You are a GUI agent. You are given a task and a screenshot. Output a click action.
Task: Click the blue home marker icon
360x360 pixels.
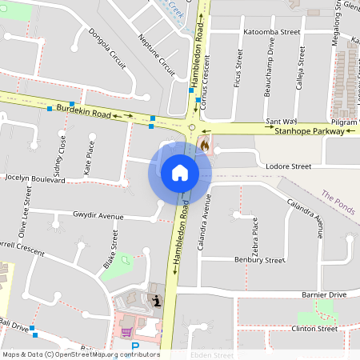pos(179,173)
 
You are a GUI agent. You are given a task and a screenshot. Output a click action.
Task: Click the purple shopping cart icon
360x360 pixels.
pos(125,331)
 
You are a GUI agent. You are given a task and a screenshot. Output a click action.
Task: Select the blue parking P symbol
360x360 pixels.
pos(134,346)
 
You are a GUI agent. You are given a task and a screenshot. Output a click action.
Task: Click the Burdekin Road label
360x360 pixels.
pos(83,111)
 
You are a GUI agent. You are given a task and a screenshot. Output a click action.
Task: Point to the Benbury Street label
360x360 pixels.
pos(259,260)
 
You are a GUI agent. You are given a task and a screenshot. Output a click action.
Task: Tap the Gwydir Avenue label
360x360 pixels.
pos(98,217)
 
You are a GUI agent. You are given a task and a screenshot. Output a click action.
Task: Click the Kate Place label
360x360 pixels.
pos(90,158)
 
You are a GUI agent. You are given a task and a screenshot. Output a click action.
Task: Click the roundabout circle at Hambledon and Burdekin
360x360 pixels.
pos(192,127)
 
